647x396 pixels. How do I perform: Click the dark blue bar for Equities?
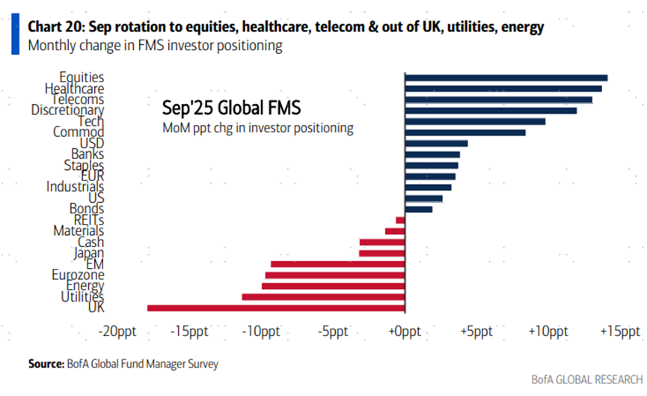(x=506, y=77)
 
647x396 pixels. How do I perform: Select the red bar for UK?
(x=276, y=308)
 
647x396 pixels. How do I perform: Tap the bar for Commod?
(x=464, y=132)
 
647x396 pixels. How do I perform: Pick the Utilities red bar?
(x=323, y=297)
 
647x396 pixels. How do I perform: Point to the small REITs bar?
(x=400, y=220)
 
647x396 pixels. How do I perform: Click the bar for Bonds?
(x=418, y=209)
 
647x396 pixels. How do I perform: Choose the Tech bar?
(x=474, y=121)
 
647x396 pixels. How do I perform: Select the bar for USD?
(x=435, y=143)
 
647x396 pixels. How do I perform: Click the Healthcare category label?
(x=74, y=88)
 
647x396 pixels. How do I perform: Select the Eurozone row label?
(x=78, y=275)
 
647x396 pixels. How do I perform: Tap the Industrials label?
(x=75, y=187)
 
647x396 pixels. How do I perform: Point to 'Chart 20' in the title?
(x=58, y=27)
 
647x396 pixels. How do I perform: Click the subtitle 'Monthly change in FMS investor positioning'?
(x=154, y=46)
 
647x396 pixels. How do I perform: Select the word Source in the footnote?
(x=45, y=364)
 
